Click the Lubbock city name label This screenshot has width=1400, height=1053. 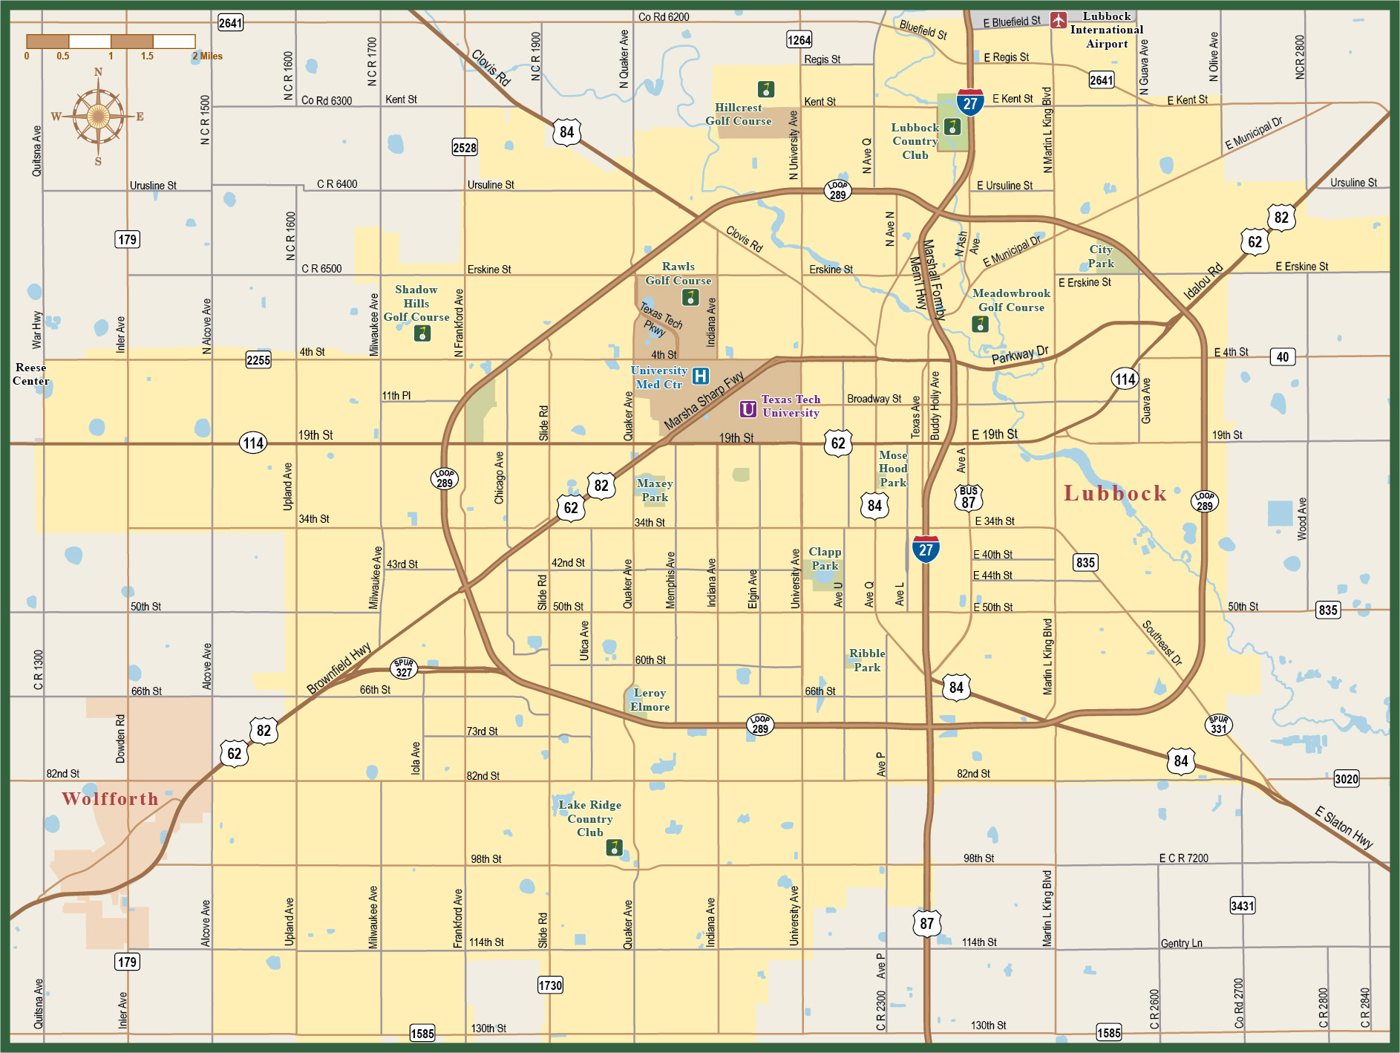1115,494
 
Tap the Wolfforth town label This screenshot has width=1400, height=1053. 110,799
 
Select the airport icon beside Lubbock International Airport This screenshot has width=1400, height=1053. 1059,20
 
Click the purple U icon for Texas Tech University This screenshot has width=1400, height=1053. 748,409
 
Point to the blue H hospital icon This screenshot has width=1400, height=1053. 700,376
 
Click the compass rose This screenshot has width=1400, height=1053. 97,117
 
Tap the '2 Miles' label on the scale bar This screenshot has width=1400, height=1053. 208,56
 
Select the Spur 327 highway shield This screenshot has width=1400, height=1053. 404,668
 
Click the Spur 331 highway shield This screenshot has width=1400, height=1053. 1218,725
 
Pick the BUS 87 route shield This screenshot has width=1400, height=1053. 969,498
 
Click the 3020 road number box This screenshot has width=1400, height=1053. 1346,778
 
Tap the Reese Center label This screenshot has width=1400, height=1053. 30,374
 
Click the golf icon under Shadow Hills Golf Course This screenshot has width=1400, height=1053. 422,333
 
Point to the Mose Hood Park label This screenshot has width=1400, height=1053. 893,469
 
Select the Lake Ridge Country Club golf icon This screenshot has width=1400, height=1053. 614,847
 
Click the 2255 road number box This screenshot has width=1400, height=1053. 258,360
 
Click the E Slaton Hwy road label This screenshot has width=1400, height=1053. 1344,827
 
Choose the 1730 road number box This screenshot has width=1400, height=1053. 550,985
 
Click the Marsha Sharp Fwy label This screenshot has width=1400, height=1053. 704,401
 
